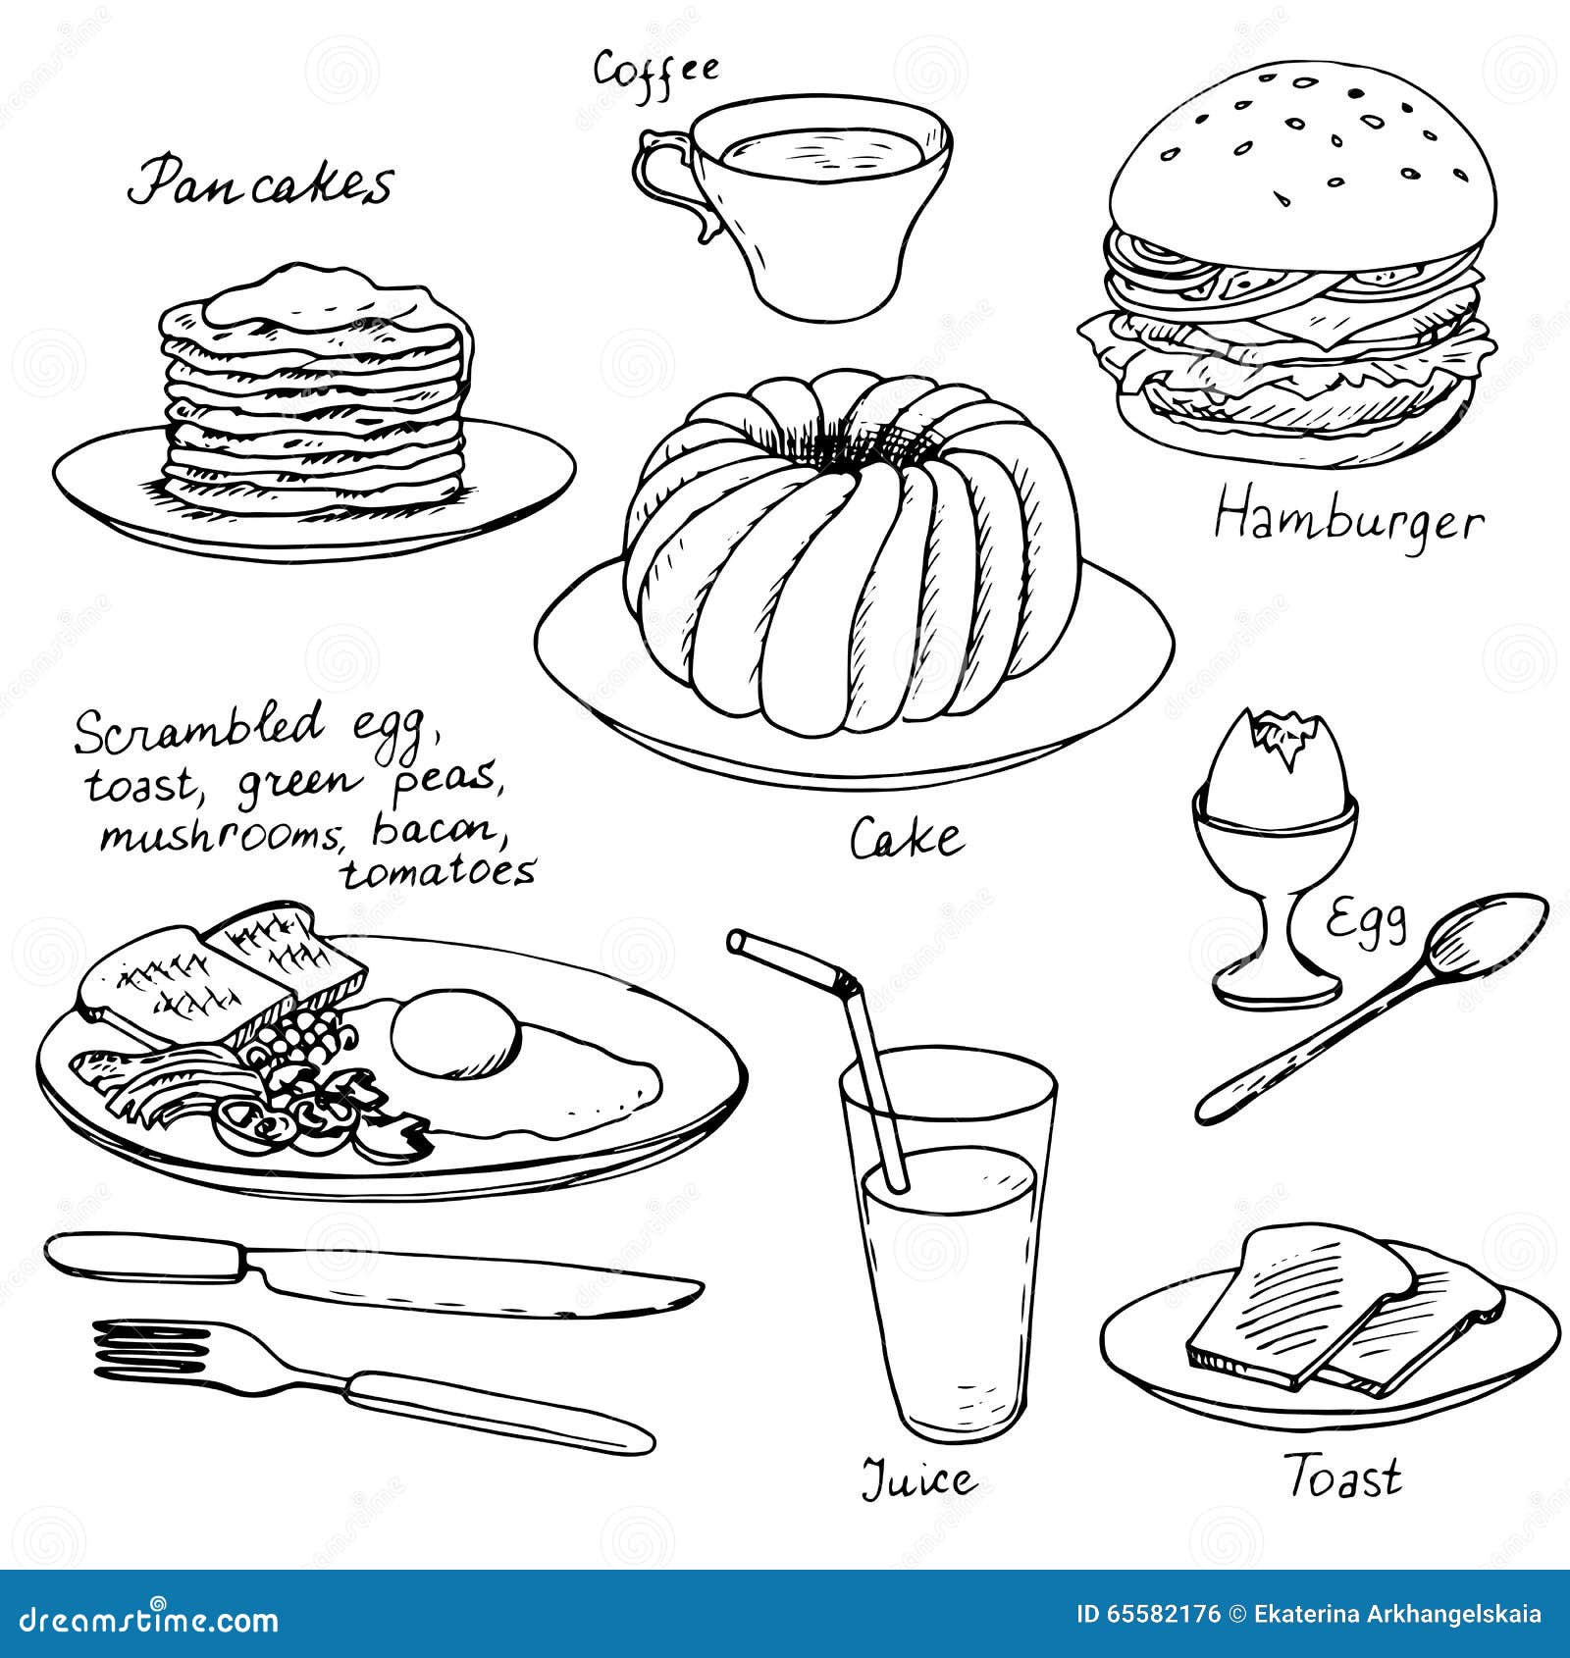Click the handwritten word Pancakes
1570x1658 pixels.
(260, 183)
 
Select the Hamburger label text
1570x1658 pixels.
(1348, 520)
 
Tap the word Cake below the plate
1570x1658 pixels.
(906, 840)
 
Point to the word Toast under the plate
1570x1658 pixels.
(1343, 1477)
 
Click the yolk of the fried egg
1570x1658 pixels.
(453, 1033)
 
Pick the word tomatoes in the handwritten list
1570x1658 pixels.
(439, 871)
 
